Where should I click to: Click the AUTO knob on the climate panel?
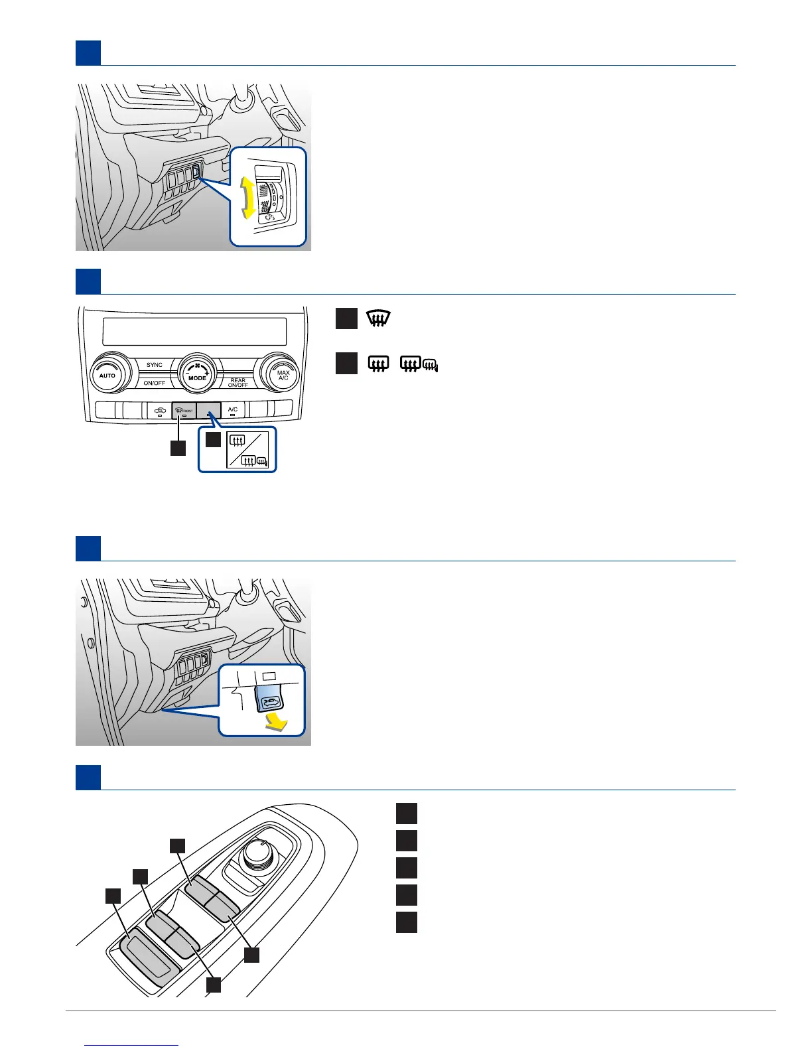[x=107, y=375]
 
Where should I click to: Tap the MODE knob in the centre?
[x=197, y=375]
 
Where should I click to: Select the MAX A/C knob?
[x=283, y=375]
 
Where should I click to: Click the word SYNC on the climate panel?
[x=155, y=365]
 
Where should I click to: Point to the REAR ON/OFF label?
[x=238, y=383]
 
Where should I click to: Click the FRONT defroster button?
[x=184, y=411]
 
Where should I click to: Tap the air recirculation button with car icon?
[x=159, y=411]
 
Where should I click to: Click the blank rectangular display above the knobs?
[x=195, y=331]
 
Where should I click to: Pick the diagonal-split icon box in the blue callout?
[x=247, y=449]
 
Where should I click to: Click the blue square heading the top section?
[x=88, y=53]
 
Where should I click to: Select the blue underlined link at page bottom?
[x=133, y=1045]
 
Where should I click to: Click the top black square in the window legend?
[x=407, y=813]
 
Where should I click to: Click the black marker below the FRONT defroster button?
[x=178, y=448]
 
